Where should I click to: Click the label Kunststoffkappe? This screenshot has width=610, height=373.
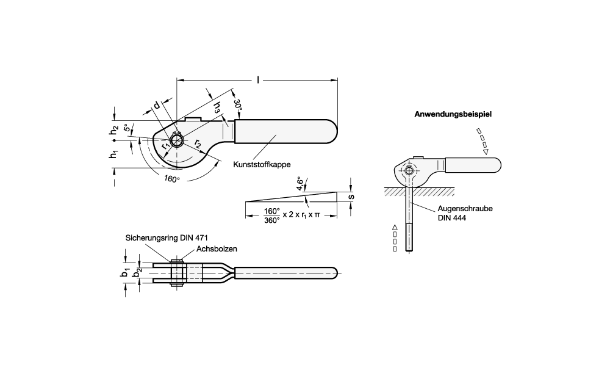[261, 165]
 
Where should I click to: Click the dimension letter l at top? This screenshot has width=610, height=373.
[259, 79]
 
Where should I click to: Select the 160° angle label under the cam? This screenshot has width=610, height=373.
[172, 179]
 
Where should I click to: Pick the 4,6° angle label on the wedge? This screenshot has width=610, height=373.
[300, 183]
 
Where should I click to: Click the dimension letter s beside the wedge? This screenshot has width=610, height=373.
[351, 197]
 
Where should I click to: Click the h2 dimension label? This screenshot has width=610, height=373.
[113, 130]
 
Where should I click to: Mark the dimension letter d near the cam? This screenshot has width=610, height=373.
[157, 106]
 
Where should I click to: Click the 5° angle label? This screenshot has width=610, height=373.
[126, 129]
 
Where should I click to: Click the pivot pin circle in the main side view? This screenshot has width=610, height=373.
[177, 141]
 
